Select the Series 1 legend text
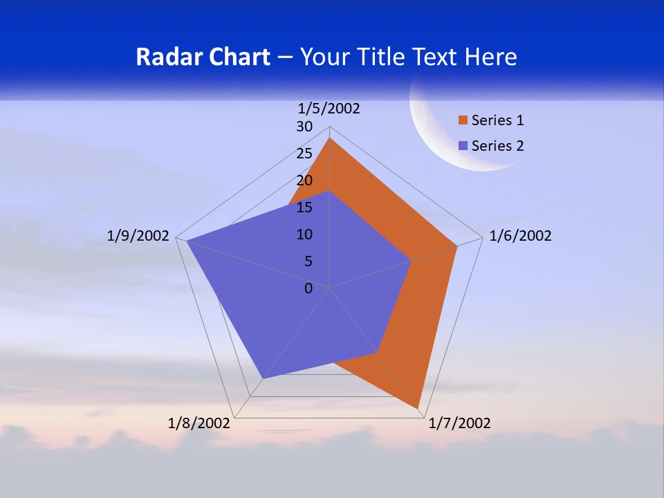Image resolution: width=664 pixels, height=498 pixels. (497, 120)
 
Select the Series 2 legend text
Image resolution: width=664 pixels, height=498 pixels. (497, 146)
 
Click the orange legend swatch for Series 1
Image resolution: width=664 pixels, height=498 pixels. (463, 120)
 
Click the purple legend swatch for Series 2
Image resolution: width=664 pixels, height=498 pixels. (463, 146)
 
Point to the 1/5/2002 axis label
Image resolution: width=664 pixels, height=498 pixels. (329, 108)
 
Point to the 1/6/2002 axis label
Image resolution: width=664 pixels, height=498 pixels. (520, 236)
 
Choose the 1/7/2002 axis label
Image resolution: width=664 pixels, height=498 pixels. (459, 423)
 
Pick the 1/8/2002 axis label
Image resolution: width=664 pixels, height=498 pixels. (199, 423)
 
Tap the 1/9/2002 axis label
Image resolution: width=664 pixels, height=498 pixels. (138, 236)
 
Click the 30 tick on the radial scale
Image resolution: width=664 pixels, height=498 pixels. (304, 127)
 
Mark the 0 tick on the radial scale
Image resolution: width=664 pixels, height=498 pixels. (308, 288)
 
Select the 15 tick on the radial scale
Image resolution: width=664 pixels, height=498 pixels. (304, 207)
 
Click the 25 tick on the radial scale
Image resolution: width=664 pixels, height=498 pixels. (304, 154)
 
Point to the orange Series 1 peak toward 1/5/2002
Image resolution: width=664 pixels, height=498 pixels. (330, 139)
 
